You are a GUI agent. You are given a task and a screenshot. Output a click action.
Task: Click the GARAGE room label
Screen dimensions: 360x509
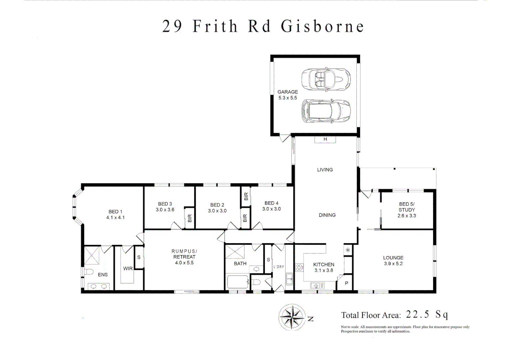[x=287, y=95]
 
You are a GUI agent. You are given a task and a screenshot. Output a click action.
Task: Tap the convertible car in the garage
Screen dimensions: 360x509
[x=325, y=79]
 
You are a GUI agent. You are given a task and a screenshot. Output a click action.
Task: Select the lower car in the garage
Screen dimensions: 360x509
[x=325, y=111]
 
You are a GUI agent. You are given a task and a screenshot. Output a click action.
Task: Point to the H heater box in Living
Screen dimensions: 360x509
[x=325, y=139]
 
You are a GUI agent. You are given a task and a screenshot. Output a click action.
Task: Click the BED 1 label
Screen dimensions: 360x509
[x=115, y=214]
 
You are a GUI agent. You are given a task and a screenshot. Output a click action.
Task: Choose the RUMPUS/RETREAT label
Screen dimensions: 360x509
[x=184, y=257]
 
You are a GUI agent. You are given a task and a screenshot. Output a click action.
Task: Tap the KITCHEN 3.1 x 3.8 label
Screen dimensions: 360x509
[x=323, y=267]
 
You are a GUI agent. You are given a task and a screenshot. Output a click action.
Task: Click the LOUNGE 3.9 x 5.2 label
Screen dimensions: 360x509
[x=393, y=260]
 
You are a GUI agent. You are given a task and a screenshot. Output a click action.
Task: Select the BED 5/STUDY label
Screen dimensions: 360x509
[x=406, y=210]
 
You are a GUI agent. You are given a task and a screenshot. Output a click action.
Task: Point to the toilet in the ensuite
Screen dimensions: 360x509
[x=88, y=272]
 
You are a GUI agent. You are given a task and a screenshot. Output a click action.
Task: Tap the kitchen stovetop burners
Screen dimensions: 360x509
[x=299, y=267]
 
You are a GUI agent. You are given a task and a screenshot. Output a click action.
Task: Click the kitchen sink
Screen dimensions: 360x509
[x=317, y=285]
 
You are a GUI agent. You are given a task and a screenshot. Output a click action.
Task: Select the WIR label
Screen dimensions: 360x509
[x=128, y=268]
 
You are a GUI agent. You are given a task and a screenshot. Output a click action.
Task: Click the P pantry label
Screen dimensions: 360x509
[x=346, y=283]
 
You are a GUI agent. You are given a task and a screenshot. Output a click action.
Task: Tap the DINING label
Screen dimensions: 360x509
[x=327, y=215]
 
